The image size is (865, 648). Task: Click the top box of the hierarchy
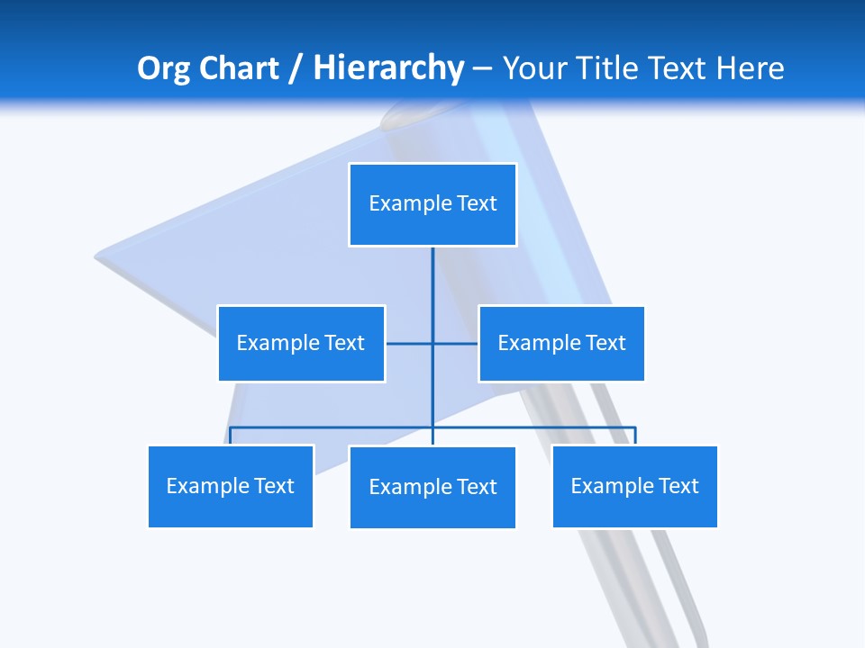(432, 204)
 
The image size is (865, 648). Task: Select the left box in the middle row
(301, 343)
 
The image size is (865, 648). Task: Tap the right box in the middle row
(561, 343)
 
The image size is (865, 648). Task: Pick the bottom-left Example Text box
(231, 486)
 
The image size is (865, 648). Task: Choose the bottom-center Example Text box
(432, 487)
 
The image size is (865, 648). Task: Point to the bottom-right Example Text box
(634, 486)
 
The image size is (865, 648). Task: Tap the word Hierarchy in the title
(387, 68)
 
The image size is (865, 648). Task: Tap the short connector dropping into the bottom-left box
(231, 436)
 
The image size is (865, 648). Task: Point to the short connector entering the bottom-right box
(634, 436)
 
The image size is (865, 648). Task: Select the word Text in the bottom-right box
(678, 486)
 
